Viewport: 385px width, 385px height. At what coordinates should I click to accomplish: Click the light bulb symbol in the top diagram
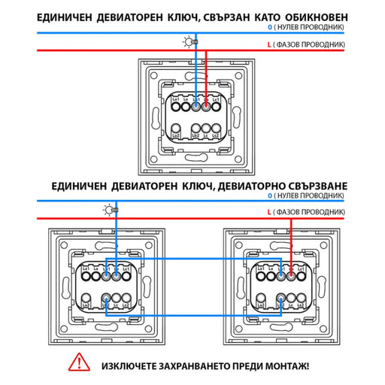click(188, 42)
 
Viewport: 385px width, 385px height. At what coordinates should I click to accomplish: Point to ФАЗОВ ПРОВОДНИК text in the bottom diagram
click(314, 214)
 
